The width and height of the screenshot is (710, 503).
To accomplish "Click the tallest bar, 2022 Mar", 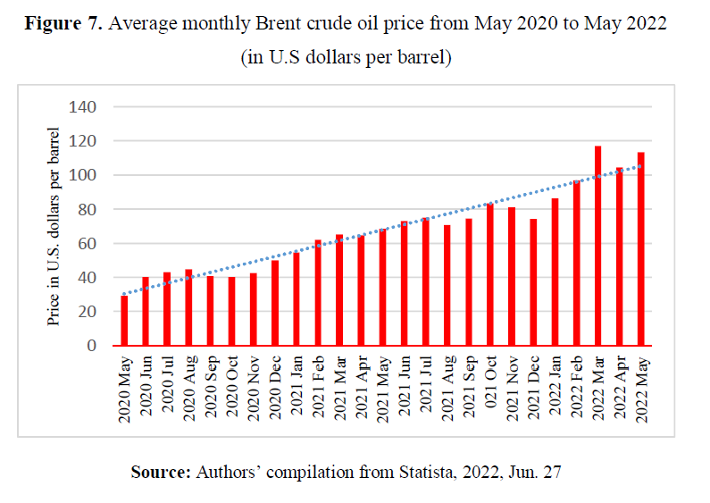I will (597, 246).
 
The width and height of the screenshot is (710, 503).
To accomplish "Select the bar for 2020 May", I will (124, 320).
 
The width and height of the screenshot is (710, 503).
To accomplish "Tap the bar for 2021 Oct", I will (490, 274).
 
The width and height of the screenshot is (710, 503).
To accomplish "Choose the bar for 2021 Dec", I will (533, 281).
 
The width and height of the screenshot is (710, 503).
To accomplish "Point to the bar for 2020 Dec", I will (275, 302).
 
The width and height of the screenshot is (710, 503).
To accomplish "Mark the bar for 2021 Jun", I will (404, 282).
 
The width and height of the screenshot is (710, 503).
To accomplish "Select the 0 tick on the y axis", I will (91, 346).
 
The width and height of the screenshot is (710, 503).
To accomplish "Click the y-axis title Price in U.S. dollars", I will (54, 227).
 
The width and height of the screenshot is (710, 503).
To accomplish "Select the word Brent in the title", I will (288, 23).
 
